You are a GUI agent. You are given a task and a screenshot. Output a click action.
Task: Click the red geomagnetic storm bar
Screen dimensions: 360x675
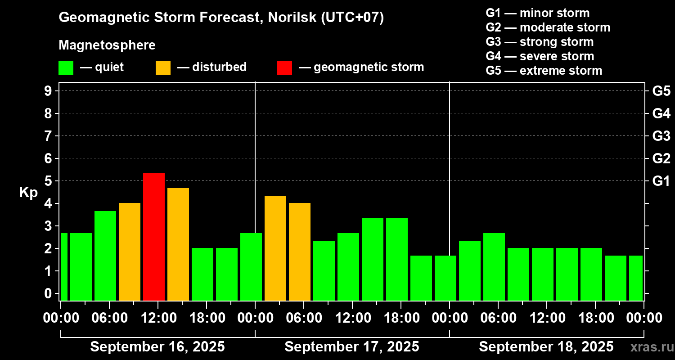click(154, 237)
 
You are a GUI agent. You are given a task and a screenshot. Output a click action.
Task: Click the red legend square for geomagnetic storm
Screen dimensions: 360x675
click(284, 67)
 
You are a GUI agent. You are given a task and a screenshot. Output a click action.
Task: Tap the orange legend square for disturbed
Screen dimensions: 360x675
click(163, 67)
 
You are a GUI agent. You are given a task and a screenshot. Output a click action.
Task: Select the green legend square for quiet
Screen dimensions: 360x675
click(66, 67)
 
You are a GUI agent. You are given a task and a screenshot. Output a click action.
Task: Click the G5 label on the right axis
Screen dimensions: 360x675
click(661, 91)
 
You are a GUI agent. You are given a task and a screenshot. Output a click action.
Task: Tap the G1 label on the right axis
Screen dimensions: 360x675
click(661, 181)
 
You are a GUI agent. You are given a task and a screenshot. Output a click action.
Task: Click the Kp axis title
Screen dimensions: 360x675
click(28, 193)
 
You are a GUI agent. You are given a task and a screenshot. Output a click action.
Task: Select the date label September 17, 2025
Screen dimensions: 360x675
click(352, 346)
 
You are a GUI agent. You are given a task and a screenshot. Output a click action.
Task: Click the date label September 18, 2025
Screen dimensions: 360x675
click(546, 346)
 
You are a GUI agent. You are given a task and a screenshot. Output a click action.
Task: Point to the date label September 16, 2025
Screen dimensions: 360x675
click(157, 346)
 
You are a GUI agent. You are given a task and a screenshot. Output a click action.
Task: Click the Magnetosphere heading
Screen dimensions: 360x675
click(107, 45)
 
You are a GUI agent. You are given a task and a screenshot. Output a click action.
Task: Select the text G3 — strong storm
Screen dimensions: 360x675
click(540, 42)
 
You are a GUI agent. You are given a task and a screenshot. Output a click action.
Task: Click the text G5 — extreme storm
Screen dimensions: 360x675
click(544, 71)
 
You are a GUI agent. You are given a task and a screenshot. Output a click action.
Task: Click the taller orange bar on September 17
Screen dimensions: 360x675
click(275, 248)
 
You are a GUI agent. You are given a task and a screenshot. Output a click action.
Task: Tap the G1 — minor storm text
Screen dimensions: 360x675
click(537, 13)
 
